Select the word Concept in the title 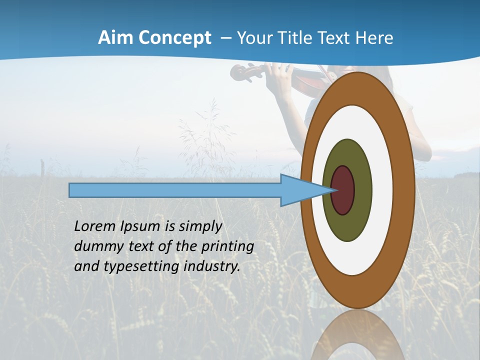coord(174,38)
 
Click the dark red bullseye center coord(343,190)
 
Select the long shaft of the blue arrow coord(175,190)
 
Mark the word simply coord(200,226)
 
